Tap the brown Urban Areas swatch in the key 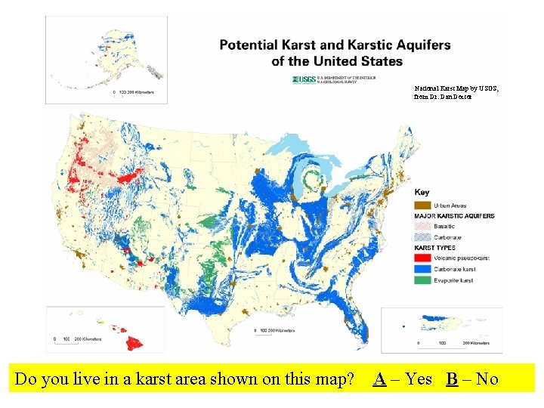click(x=423, y=205)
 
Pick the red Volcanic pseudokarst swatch click(x=423, y=258)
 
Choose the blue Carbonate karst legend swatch click(x=423, y=268)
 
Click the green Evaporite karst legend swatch click(x=423, y=280)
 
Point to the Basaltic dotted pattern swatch click(x=423, y=226)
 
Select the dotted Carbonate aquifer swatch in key click(x=423, y=236)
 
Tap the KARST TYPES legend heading click(x=435, y=247)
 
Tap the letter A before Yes click(x=381, y=379)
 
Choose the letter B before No click(x=451, y=379)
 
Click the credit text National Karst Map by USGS click(x=456, y=88)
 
